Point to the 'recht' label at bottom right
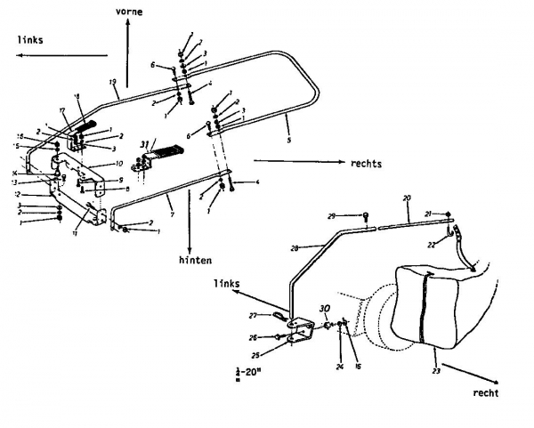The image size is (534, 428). point(486,392)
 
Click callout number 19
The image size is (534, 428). point(114,83)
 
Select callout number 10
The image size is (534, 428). point(118,165)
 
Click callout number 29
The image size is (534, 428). point(355,215)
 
